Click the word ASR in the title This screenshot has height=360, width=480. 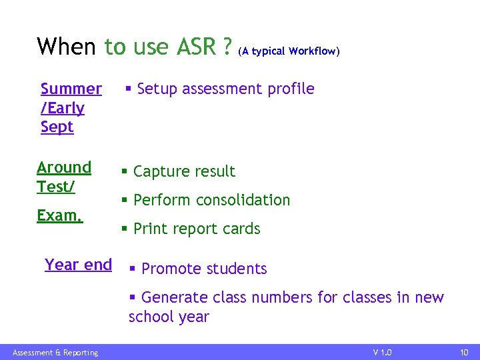click(197, 47)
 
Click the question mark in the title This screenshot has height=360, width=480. click(228, 47)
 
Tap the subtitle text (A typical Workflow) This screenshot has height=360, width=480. click(289, 51)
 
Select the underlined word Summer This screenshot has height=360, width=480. click(71, 89)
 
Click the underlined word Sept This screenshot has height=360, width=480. click(57, 127)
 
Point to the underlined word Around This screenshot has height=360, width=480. click(64, 167)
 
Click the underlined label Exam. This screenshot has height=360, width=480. click(59, 216)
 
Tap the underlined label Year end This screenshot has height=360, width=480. click(78, 265)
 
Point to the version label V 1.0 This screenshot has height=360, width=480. click(382, 352)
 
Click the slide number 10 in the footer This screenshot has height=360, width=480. click(464, 352)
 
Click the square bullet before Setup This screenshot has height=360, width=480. click(129, 89)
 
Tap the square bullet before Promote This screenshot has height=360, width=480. click(133, 269)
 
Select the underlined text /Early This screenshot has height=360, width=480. click(63, 108)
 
